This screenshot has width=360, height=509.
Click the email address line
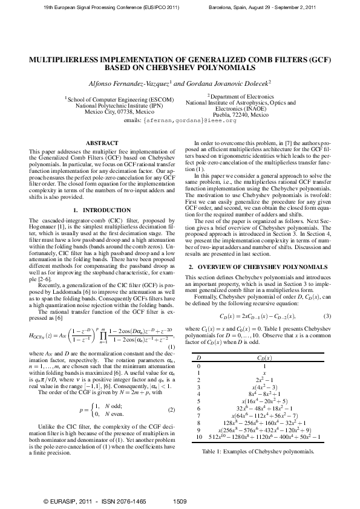[180, 121]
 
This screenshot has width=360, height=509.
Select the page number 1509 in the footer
[180, 501]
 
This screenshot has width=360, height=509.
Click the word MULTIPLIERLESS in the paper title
[67, 60]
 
